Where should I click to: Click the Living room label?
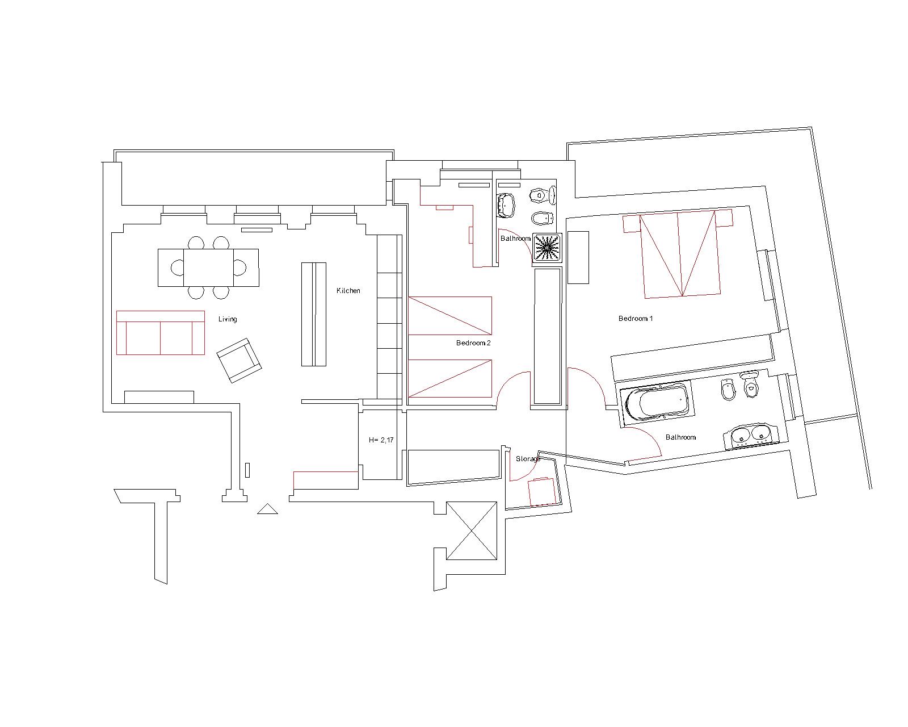coord(228,319)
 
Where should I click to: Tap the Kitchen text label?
coord(348,291)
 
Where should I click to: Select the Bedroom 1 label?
coord(636,319)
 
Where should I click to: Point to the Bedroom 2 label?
coord(473,343)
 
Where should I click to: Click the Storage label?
coord(527,458)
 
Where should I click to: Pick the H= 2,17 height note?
coord(381,440)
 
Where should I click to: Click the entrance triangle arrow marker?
coord(267,509)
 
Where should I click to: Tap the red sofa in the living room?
coord(160,333)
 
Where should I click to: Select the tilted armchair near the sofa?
coord(238,360)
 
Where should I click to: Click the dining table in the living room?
coord(208,268)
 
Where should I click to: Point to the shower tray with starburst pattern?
coord(547,248)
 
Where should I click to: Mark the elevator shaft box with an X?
coord(471,530)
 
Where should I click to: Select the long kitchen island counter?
coord(313,314)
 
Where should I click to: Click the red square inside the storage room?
coord(541,492)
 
